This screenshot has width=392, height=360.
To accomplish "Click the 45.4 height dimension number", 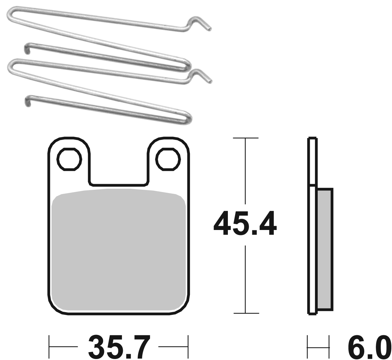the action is click(245, 223).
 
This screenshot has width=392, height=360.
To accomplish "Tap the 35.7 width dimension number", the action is click(119, 347).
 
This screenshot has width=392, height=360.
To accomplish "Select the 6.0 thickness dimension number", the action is click(368, 347).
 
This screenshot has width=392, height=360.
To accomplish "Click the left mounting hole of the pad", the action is click(69, 159).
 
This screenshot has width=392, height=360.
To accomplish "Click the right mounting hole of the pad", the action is click(168, 159).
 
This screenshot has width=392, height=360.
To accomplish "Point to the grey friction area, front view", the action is click(119, 250).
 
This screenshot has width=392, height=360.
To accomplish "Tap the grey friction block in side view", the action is click(325, 249).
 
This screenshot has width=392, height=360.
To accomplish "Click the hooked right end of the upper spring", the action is click(200, 22).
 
